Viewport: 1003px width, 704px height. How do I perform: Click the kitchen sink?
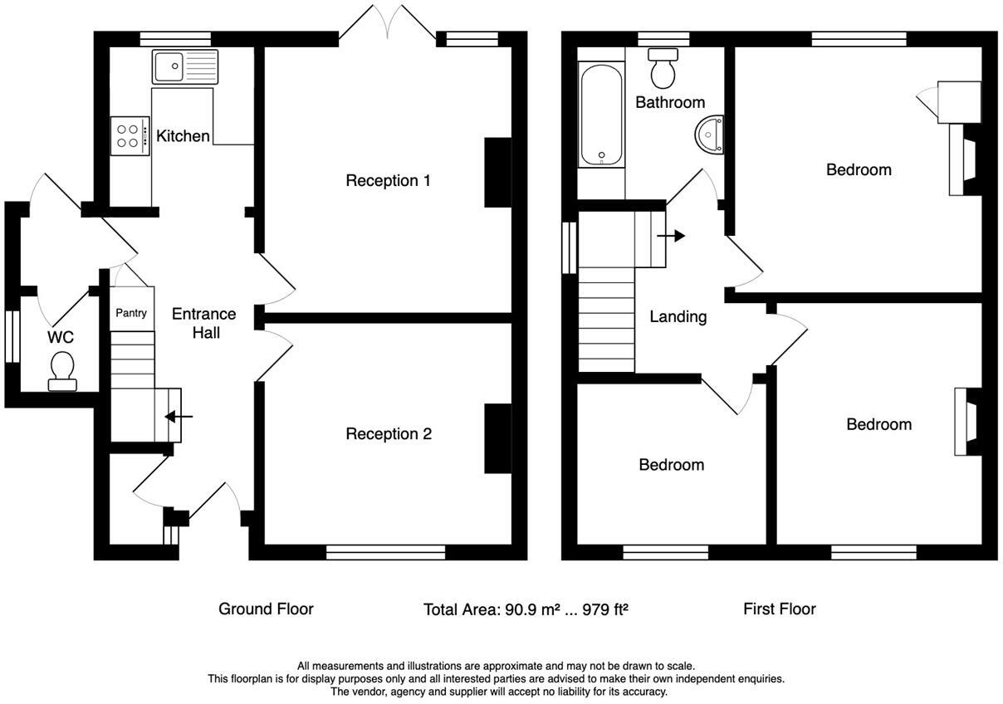(184, 66)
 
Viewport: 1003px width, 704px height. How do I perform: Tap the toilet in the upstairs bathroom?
(663, 69)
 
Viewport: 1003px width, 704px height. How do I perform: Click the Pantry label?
(131, 313)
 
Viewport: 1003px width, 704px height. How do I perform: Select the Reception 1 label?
(388, 180)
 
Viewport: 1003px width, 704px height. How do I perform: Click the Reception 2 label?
(389, 433)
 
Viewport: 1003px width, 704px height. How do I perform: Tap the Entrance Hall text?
(204, 323)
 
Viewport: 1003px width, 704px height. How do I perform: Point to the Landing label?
(678, 316)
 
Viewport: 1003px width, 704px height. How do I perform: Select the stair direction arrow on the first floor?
(670, 236)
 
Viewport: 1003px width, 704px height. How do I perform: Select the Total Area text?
(525, 609)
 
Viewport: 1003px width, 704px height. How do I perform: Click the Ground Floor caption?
(266, 609)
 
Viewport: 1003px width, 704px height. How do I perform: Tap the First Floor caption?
(779, 609)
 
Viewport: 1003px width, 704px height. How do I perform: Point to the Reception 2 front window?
(386, 552)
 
